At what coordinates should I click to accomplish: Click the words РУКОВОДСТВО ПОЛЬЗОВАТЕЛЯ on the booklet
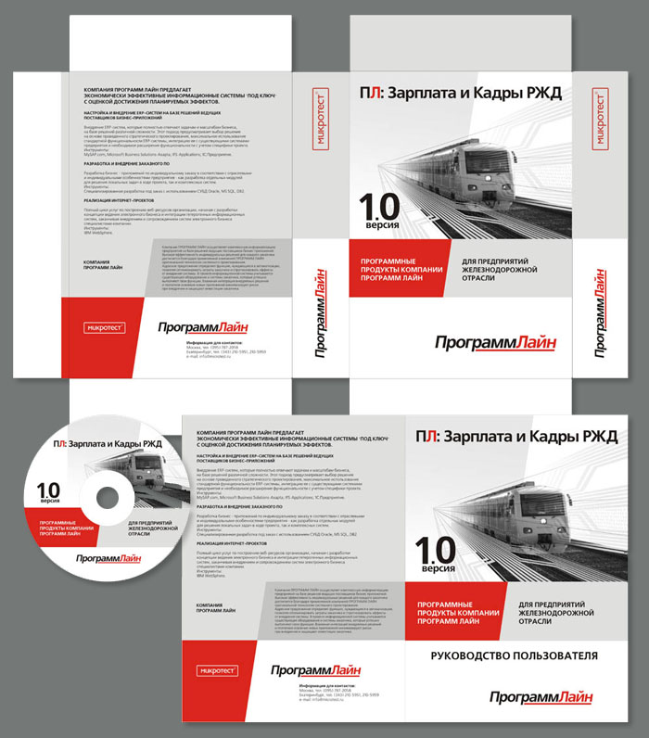point(515,655)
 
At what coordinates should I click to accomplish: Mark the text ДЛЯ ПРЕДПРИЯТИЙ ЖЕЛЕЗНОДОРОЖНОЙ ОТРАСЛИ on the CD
point(147,529)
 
